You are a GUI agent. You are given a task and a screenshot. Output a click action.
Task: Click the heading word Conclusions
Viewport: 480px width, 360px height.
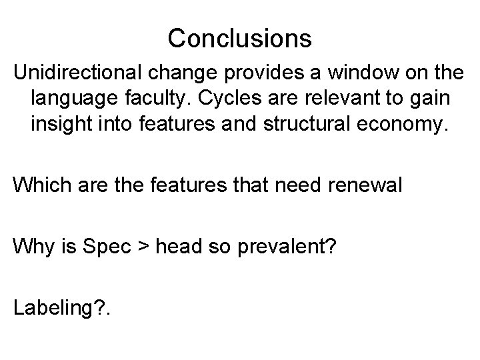(x=239, y=38)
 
